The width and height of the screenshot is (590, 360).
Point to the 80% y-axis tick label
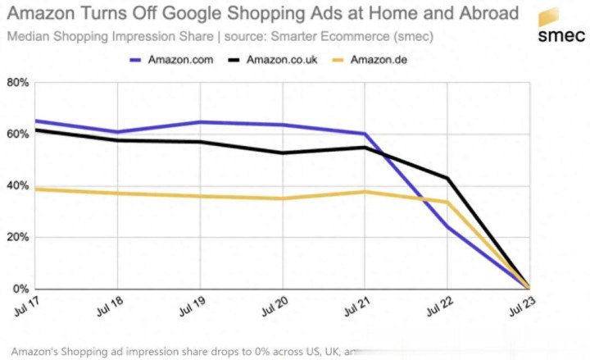pyautogui.click(x=18, y=83)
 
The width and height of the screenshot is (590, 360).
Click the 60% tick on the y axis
pyautogui.click(x=18, y=134)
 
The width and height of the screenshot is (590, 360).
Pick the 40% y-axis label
pyautogui.click(x=18, y=186)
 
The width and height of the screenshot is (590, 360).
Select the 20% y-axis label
pyautogui.click(x=18, y=238)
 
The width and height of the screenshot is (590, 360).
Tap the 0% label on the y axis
pyautogui.click(x=21, y=289)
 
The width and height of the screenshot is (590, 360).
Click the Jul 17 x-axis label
pyautogui.click(x=28, y=304)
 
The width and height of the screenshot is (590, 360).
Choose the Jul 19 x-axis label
pyautogui.click(x=193, y=304)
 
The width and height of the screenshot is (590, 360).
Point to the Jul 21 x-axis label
pyautogui.click(x=356, y=304)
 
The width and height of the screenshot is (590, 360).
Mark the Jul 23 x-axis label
pyautogui.click(x=521, y=304)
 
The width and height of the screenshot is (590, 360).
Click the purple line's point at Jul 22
pyautogui.click(x=447, y=227)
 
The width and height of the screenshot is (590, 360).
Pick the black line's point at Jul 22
pyautogui.click(x=447, y=178)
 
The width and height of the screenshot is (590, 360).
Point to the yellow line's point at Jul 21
pyautogui.click(x=365, y=192)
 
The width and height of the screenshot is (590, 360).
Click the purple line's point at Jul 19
pyautogui.click(x=201, y=122)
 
